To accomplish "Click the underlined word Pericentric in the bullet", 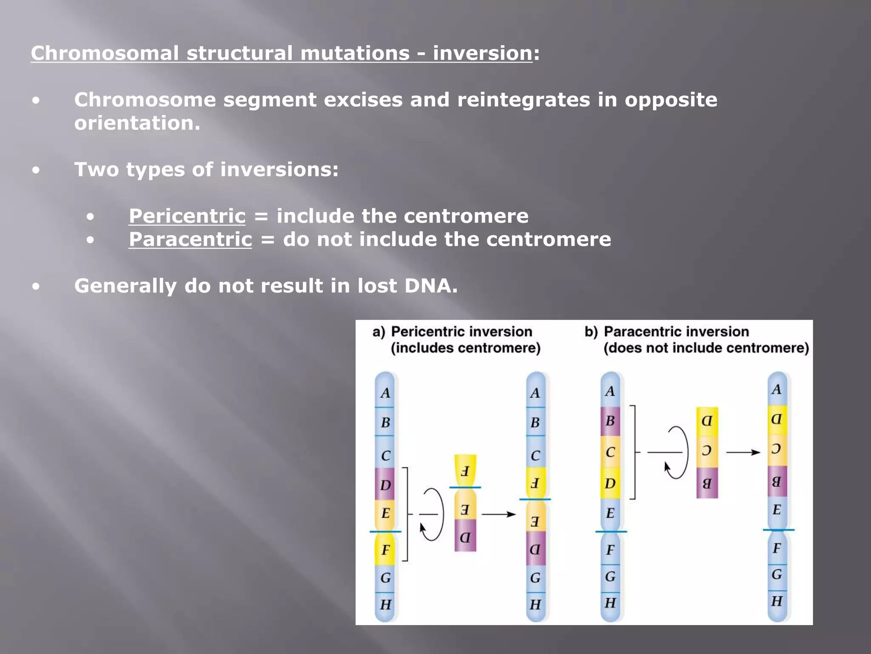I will (187, 216).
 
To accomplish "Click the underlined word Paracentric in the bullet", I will (190, 239).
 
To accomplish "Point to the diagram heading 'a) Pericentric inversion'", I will (453, 332).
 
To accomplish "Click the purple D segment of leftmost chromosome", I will (385, 485).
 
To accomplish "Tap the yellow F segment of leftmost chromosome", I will (385, 550).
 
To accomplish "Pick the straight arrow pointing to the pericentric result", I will (498, 514).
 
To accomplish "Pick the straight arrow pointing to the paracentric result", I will (743, 452).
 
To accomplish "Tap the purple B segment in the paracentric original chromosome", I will (610, 421).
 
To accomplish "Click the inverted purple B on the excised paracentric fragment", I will (707, 483).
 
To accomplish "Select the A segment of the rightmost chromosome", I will (777, 389).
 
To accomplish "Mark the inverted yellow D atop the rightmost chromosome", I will (777, 419).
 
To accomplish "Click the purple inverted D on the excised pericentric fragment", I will (465, 537).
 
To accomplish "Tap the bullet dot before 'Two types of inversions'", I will (36, 170).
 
